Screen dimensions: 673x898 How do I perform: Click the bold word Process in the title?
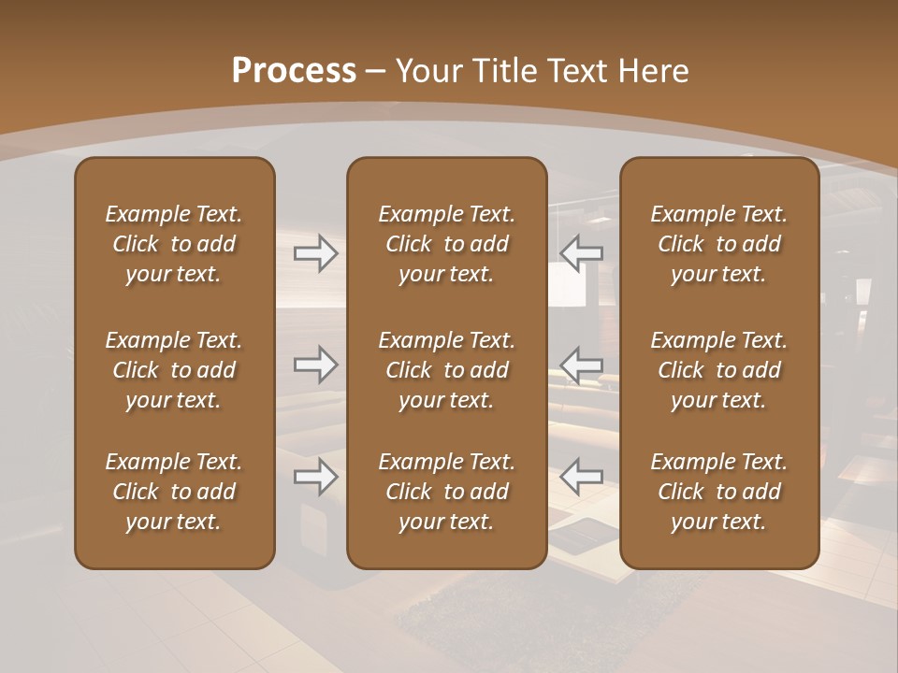click(x=294, y=71)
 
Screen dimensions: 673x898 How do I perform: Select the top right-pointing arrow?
click(x=315, y=253)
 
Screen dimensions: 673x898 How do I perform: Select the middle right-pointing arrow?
click(x=315, y=364)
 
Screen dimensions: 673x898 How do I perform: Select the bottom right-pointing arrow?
click(x=315, y=477)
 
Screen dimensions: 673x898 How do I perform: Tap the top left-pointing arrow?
click(x=582, y=253)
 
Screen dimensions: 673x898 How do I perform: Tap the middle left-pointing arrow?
click(x=582, y=364)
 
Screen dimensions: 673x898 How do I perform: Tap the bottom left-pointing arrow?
click(x=582, y=477)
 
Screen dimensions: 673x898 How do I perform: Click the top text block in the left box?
click(x=174, y=244)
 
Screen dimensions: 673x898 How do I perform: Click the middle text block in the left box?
click(x=174, y=370)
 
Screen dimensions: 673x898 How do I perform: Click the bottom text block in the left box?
click(x=174, y=492)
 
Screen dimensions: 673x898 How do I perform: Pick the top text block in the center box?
click(x=447, y=244)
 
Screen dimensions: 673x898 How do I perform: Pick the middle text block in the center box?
click(x=447, y=370)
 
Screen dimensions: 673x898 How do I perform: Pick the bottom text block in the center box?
click(x=447, y=492)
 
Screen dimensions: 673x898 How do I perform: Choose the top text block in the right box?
click(x=719, y=244)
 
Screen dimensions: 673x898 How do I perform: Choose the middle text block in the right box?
click(x=719, y=370)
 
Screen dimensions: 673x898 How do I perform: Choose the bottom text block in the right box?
click(x=719, y=492)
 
